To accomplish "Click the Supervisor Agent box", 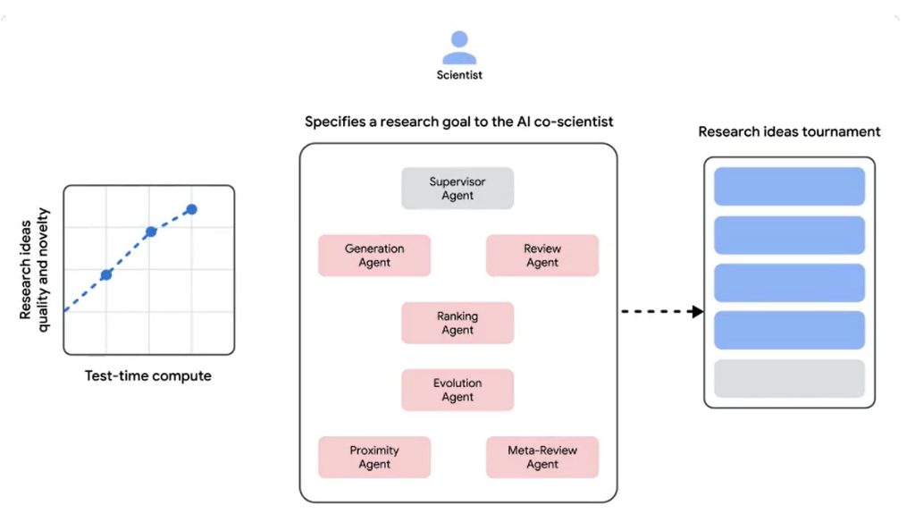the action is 457,188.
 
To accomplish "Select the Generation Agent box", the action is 374,256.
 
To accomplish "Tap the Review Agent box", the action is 542,256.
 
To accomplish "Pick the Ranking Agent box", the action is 457,323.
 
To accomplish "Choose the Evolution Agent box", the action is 457,390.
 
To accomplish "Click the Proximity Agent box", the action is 374,457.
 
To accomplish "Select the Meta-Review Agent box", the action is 542,457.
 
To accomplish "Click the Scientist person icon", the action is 459,47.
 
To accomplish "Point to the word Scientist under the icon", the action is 459,75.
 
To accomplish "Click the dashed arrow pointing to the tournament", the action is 662,311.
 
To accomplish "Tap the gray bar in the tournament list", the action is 789,378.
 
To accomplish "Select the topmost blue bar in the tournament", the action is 789,186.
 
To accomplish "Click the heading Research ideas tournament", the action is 789,131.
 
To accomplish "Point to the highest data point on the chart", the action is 191,209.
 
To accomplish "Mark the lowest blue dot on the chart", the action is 106,274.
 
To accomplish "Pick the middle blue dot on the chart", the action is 151,232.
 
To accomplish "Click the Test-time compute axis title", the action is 147,375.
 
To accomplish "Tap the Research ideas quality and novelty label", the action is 34,270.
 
